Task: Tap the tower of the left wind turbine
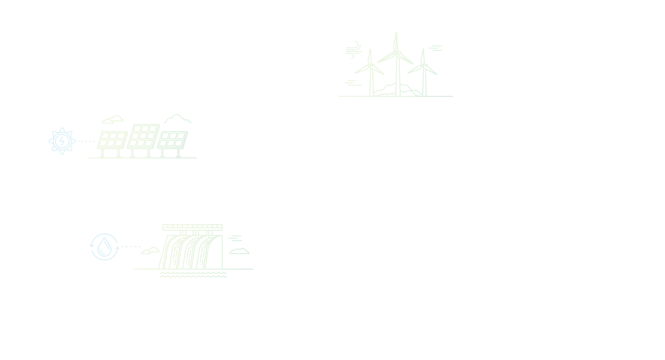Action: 371,83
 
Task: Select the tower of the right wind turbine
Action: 424,83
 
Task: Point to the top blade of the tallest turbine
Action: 396,45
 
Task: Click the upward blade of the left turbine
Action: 370,58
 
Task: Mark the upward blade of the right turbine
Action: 423,58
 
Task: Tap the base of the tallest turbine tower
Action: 398,94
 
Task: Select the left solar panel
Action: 112,140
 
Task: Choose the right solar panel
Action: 172,140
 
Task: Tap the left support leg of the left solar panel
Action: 102,153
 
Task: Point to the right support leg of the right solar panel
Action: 178,153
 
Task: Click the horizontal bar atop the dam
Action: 192,229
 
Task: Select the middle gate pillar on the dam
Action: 196,233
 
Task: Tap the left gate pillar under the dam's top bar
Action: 183,233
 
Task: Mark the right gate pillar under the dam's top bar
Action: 209,233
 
